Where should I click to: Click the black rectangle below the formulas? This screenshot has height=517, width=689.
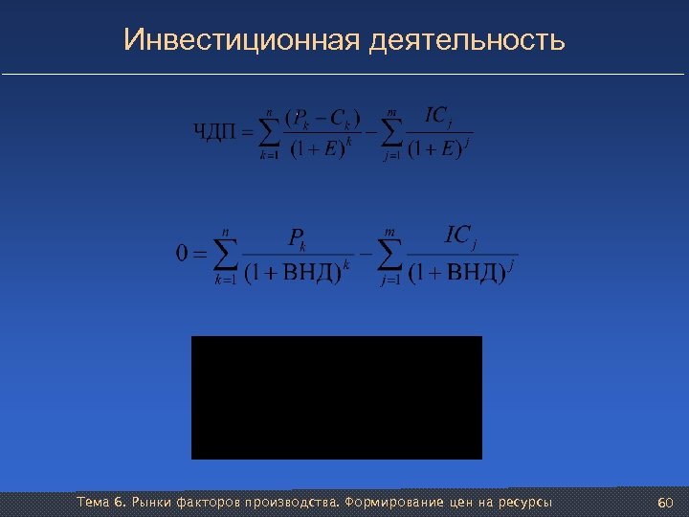coord(337,397)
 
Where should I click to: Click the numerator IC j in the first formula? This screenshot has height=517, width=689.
coord(436,117)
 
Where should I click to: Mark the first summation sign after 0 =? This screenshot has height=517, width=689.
coord(225,255)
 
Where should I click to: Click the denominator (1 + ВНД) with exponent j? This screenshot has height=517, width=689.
coord(457,273)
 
